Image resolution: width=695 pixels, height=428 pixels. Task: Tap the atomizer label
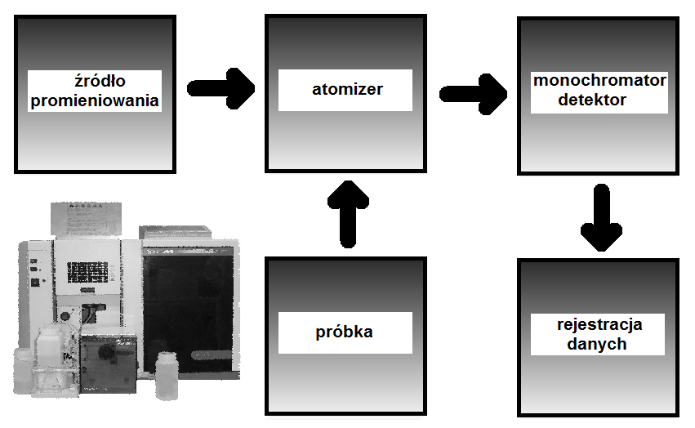click(347, 89)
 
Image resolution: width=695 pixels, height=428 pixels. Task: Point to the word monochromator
click(599, 81)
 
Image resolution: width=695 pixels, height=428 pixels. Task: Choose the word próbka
click(344, 332)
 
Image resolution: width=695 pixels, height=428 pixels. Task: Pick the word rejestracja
click(599, 324)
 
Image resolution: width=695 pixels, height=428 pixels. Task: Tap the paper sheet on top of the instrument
click(89, 216)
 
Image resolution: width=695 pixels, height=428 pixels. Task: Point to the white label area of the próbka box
click(344, 333)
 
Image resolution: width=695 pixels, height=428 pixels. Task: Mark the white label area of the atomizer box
click(347, 90)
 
